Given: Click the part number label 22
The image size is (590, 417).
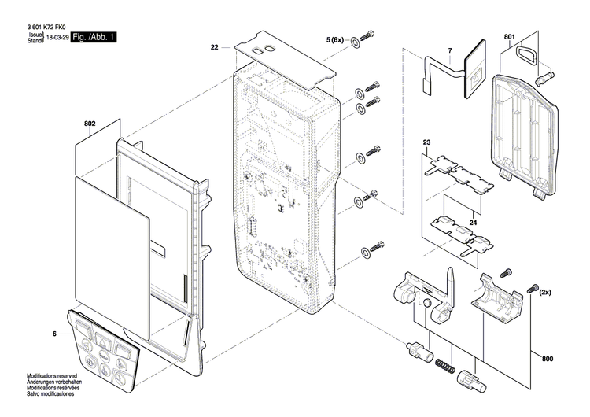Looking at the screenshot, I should (x=214, y=48).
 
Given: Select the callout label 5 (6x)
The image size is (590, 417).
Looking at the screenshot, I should (x=335, y=39).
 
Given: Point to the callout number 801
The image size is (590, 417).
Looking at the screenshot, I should (x=509, y=37).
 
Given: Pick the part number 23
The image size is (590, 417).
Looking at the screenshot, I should (x=427, y=142).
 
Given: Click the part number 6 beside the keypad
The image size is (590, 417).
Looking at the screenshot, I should (x=54, y=334).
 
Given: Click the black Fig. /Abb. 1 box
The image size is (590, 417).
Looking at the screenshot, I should (x=94, y=37).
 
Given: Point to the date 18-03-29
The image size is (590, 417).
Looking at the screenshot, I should (x=56, y=38).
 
